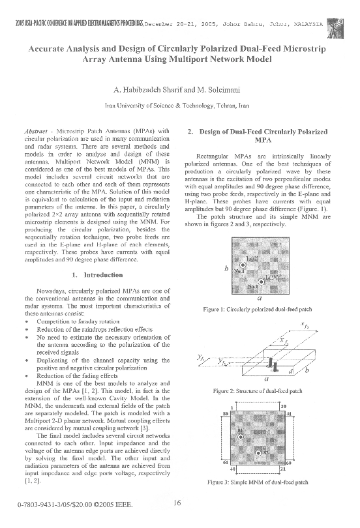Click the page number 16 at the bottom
pyautogui.click(x=177, y=502)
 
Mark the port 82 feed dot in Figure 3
pyautogui.click(x=258, y=452)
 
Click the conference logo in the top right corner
pyautogui.click(x=338, y=25)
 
